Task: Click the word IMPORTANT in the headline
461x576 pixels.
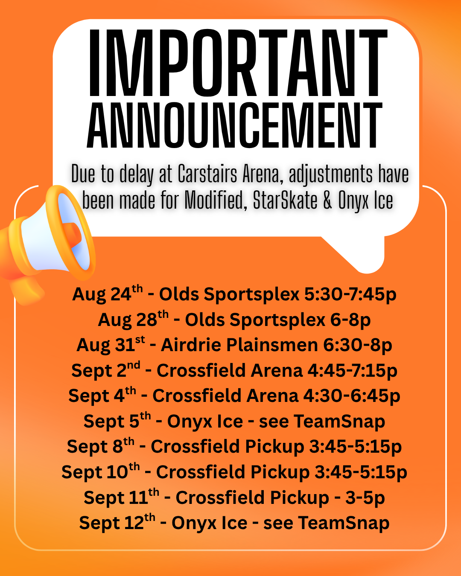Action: (x=238, y=63)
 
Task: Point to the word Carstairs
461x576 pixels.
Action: (x=207, y=174)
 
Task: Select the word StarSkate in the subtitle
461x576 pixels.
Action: (x=285, y=201)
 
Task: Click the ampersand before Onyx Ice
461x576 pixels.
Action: (x=327, y=201)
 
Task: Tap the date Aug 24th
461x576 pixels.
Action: (x=108, y=294)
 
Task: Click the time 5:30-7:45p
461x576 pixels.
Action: (x=350, y=294)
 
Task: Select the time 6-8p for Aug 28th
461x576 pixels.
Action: (x=350, y=320)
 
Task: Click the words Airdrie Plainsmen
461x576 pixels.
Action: (x=239, y=345)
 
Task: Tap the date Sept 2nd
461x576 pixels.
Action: (x=106, y=371)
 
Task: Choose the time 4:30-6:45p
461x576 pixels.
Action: (x=352, y=396)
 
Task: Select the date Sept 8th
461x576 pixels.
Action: (x=100, y=446)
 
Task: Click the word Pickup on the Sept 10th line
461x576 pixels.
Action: (x=280, y=472)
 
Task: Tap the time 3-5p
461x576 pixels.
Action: (x=365, y=498)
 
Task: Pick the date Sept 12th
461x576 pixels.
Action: (x=117, y=523)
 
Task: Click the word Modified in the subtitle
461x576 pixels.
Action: (x=216, y=201)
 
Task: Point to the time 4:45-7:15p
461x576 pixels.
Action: (x=352, y=371)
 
